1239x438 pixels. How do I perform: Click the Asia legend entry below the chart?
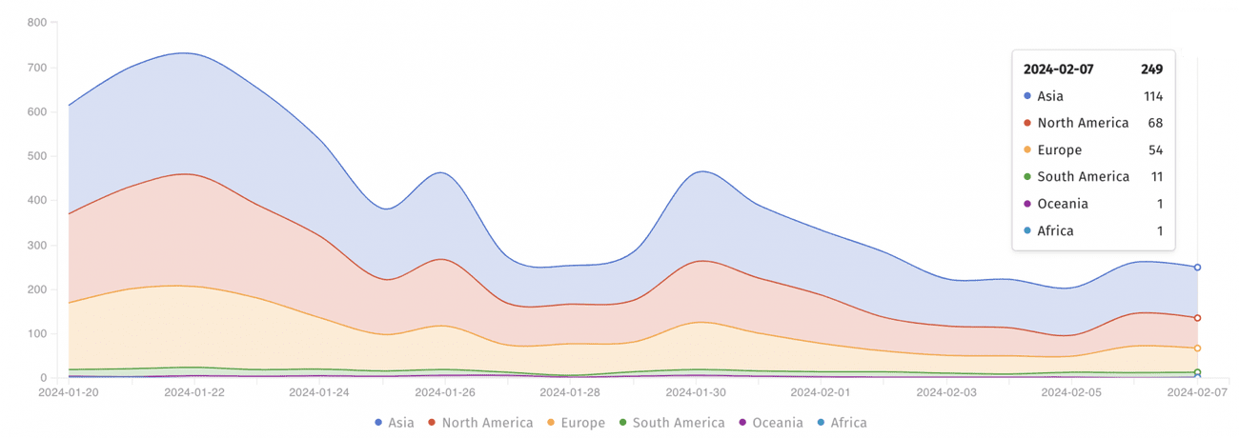click(395, 423)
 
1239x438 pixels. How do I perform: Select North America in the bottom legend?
click(479, 423)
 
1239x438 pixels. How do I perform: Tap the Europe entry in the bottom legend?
click(576, 423)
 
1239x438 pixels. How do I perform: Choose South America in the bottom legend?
click(671, 423)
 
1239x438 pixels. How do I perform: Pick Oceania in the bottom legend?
click(770, 423)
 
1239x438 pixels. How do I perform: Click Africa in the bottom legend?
click(842, 423)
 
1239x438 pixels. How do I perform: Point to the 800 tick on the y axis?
click(35, 23)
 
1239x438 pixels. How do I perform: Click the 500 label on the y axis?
click(35, 156)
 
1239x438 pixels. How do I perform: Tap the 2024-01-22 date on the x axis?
click(193, 392)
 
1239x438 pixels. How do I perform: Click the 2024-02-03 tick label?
click(945, 392)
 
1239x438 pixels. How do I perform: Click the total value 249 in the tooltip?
click(1151, 70)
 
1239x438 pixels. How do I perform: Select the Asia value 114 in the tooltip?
click(1152, 96)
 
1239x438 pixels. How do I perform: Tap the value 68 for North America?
click(1155, 123)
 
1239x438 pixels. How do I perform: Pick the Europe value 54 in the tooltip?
click(1155, 150)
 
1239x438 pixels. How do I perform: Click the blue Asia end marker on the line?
click(1197, 268)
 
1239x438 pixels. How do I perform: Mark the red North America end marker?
click(1197, 318)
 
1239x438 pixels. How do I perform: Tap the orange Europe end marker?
click(1197, 348)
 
